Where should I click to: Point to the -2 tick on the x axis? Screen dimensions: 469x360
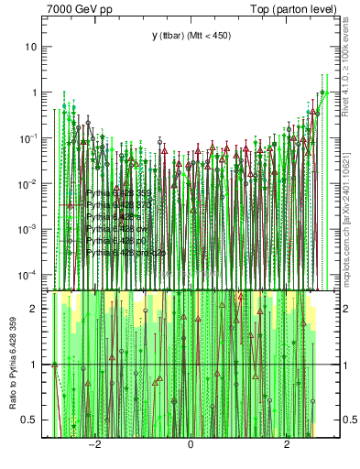93,443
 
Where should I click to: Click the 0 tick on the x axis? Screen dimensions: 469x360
191,443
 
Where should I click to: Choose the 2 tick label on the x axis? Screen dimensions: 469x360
287,443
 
